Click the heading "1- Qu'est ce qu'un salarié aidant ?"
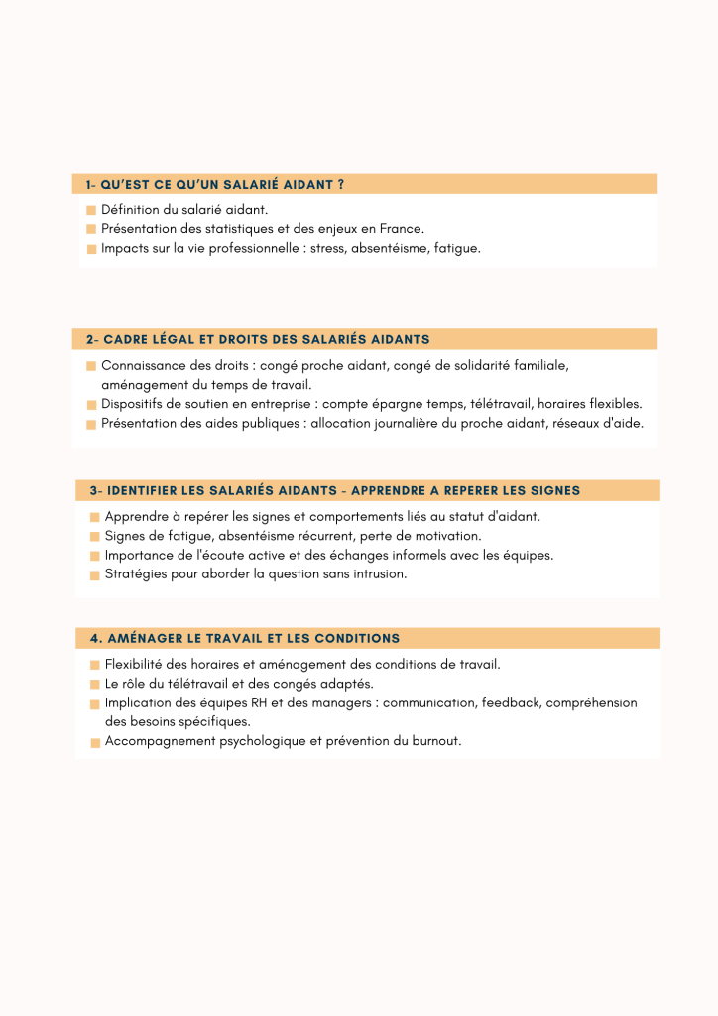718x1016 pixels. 215,185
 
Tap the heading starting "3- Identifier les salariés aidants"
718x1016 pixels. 335,490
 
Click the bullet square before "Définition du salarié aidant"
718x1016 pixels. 91,210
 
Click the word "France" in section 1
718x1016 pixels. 401,229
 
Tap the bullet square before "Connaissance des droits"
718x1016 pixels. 91,366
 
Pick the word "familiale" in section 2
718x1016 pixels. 539,365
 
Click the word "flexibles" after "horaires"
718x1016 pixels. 616,404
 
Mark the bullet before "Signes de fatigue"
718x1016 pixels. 95,537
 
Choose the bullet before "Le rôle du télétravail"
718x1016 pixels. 95,685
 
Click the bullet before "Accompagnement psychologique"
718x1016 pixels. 95,742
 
